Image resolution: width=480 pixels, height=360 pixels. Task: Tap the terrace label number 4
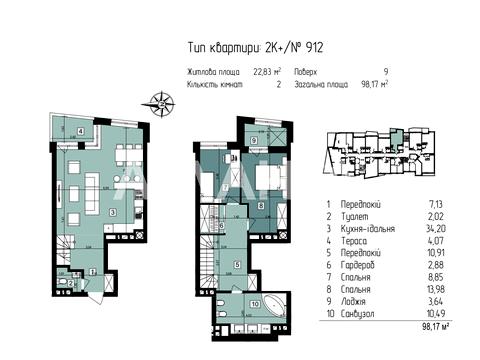click(x=79, y=131)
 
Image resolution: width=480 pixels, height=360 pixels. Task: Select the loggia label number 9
click(x=255, y=141)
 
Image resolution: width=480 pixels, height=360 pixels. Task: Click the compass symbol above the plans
click(x=159, y=100)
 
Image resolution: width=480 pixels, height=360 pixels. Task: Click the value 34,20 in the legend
click(x=432, y=227)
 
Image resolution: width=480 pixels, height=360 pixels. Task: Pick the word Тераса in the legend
click(x=359, y=239)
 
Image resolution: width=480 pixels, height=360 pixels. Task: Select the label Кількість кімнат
click(x=215, y=85)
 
